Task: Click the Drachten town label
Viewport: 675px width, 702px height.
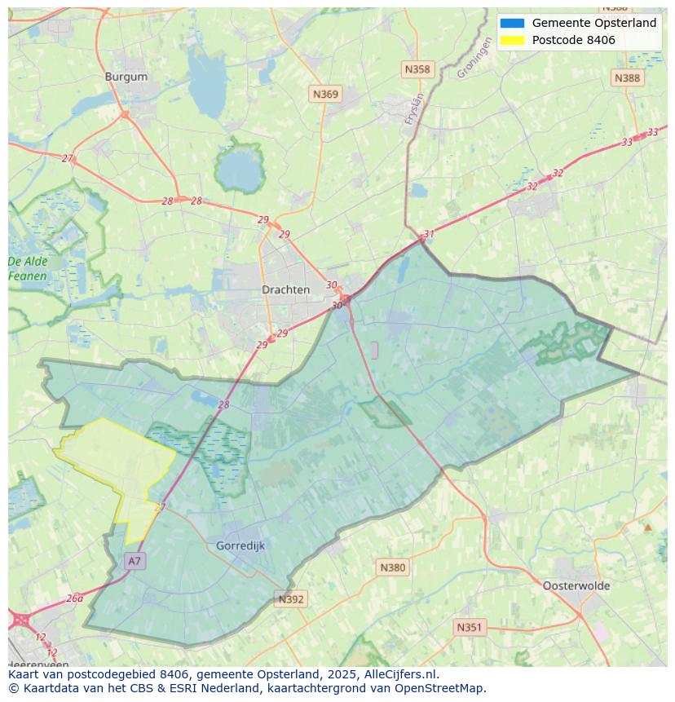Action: click(285, 289)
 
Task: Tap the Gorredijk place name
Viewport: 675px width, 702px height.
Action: click(240, 545)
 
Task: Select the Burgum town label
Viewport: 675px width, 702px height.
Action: click(126, 77)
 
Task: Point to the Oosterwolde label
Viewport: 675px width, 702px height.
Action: click(576, 585)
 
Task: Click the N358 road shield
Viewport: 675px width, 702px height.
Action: click(417, 69)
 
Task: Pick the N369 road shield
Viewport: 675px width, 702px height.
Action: click(325, 95)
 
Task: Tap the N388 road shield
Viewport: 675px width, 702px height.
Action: click(627, 77)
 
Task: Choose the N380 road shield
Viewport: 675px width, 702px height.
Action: click(392, 567)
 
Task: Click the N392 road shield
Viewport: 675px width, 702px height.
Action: click(291, 599)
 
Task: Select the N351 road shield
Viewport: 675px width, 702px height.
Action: click(469, 627)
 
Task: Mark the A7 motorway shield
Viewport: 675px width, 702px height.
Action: click(135, 561)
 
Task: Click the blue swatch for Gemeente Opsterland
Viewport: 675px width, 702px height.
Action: click(512, 24)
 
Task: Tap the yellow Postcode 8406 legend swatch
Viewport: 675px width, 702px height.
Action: click(512, 40)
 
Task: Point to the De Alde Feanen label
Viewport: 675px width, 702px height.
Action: click(28, 269)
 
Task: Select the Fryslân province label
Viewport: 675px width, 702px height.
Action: click(415, 108)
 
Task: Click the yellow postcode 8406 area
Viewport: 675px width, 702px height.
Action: click(114, 465)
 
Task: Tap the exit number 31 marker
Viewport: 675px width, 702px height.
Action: click(429, 234)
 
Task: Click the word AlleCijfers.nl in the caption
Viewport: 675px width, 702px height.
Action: click(399, 674)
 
